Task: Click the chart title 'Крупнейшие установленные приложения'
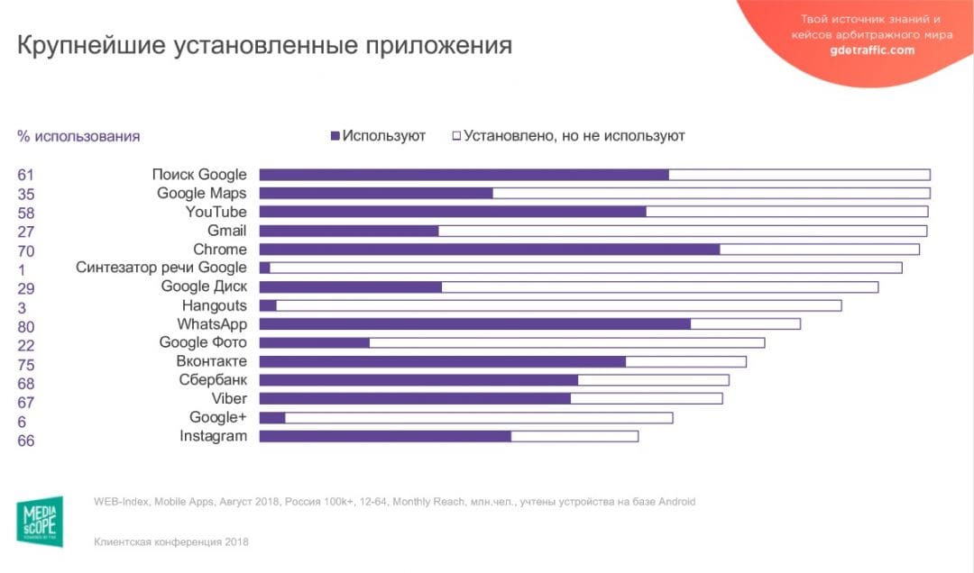tap(264, 45)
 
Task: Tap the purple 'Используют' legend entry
tap(379, 136)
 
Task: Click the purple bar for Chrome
tap(489, 249)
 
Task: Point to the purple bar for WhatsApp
tap(474, 323)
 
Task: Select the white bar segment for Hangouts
tap(559, 305)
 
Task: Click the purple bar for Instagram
tap(385, 436)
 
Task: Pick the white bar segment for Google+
tap(479, 417)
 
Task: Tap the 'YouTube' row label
tap(216, 212)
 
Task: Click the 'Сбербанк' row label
tap(213, 380)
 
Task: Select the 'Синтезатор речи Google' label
tap(161, 268)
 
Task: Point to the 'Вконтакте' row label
tap(211, 361)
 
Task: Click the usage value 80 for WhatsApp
tap(25, 325)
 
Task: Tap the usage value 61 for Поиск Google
tap(25, 175)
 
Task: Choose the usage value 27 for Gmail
tap(25, 232)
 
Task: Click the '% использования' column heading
tap(78, 137)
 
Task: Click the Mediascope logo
tap(41, 521)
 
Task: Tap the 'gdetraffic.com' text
tap(871, 50)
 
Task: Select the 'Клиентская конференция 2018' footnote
tap(171, 542)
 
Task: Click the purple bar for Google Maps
tap(376, 193)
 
